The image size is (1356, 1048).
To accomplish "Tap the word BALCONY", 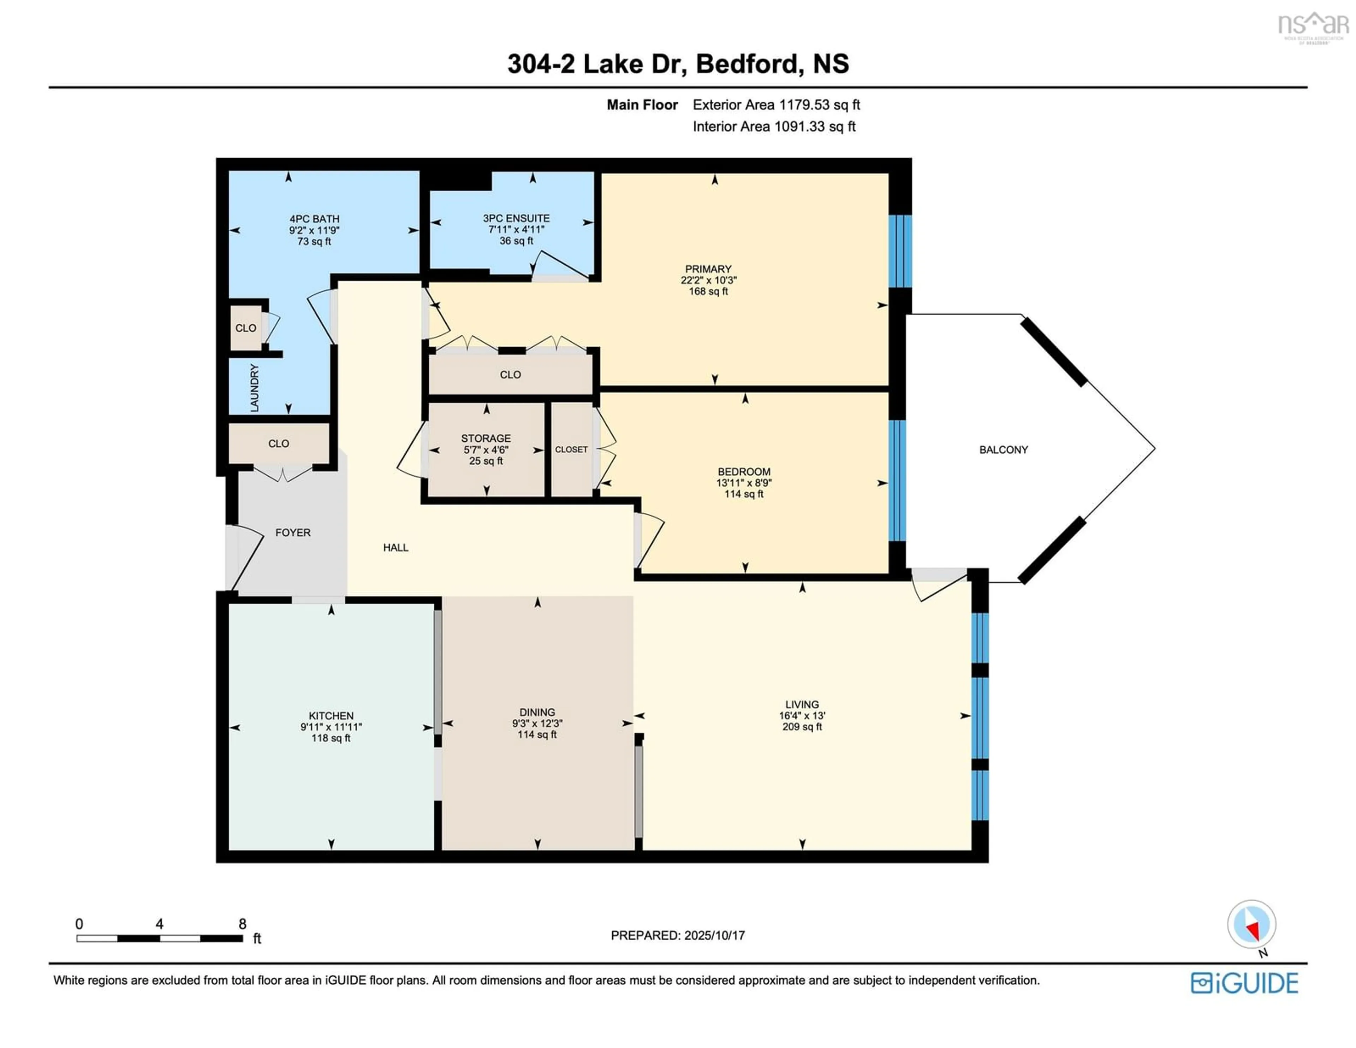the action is click(x=1003, y=450).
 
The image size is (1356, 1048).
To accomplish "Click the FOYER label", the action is click(x=293, y=532).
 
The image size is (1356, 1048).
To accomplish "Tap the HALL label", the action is click(x=395, y=547).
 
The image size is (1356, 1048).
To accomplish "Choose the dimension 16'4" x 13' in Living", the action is click(x=802, y=716).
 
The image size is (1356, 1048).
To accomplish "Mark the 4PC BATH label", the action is click(x=314, y=219).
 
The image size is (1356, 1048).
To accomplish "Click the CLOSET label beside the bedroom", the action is click(x=571, y=450).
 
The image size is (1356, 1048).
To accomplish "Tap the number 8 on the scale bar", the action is click(x=243, y=924).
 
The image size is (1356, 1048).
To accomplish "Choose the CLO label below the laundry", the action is click(x=278, y=443).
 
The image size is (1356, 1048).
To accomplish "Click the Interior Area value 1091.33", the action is click(x=800, y=127).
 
